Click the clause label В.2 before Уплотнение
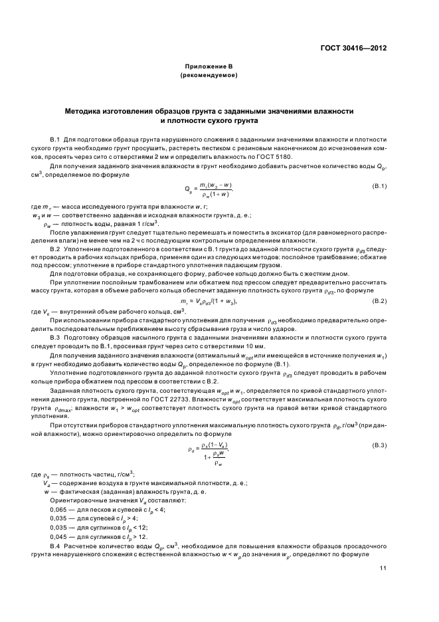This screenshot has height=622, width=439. point(55,248)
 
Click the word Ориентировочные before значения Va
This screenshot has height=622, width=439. point(78,499)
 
